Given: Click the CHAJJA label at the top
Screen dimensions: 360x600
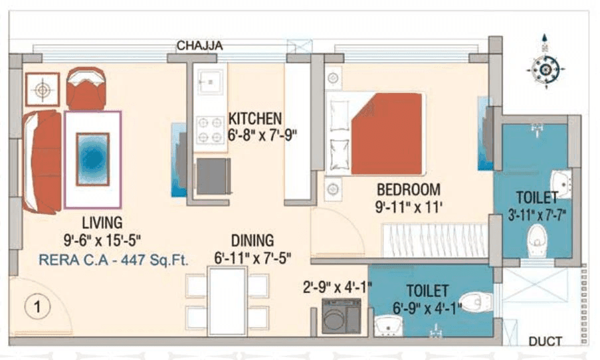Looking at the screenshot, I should click(199, 45).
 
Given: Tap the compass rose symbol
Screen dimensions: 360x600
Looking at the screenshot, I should click(545, 68).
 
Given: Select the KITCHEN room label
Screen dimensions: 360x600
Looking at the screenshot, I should click(255, 118).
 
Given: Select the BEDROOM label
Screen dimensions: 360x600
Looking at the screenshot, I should click(409, 189).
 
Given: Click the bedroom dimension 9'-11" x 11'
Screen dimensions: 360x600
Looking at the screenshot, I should click(409, 207).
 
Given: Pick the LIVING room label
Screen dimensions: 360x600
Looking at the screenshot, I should click(102, 222).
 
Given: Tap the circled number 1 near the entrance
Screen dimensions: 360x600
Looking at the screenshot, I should click(39, 307).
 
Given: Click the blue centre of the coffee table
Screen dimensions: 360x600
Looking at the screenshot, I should click(93, 158).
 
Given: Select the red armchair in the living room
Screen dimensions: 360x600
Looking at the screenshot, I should click(86, 89).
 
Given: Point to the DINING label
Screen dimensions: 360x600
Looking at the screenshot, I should click(252, 240).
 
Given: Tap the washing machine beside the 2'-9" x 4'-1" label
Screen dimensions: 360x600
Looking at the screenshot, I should click(341, 315).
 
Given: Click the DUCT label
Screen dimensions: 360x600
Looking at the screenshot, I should click(545, 341).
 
